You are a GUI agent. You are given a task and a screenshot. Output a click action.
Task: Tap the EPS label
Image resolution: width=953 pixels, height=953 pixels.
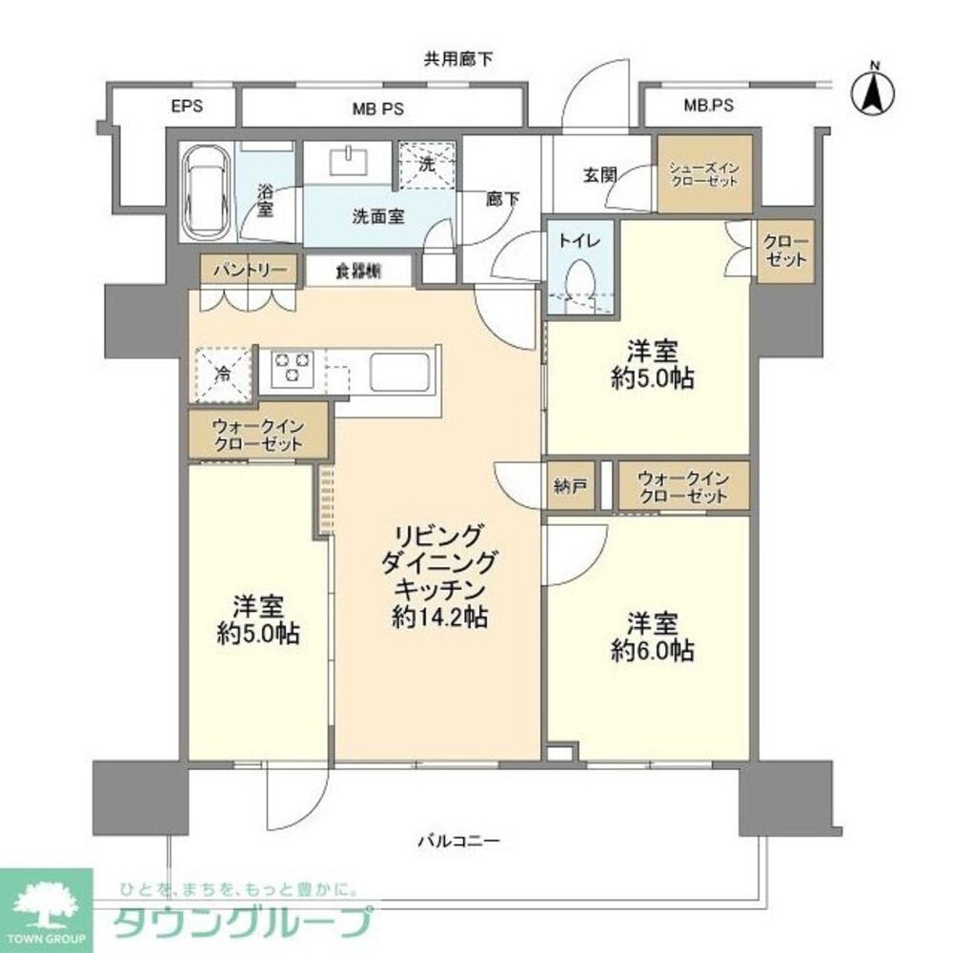point(187,107)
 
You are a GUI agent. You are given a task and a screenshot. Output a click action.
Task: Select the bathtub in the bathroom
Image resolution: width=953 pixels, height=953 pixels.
point(206,193)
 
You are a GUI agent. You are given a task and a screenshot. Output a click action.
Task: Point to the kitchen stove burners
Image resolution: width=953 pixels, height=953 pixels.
point(292,368)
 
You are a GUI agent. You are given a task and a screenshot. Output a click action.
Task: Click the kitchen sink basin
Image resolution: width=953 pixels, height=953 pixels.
point(401,368)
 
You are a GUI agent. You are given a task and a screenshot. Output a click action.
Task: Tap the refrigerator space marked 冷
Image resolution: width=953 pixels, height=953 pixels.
point(223,371)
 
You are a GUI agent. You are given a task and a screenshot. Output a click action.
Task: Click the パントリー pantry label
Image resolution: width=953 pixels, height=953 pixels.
point(249,270)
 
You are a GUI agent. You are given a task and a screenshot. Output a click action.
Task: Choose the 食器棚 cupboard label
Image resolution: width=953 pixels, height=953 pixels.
point(358,271)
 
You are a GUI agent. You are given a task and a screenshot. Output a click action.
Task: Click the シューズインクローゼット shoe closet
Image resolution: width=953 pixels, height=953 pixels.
point(704,174)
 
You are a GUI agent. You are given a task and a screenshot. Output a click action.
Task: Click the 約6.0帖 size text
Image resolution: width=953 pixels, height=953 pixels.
point(652,651)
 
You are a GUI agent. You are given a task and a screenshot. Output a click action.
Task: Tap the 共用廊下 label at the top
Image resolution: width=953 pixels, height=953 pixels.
point(458,60)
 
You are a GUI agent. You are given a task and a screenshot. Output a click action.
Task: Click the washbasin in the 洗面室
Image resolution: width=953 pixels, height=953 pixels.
point(354,160)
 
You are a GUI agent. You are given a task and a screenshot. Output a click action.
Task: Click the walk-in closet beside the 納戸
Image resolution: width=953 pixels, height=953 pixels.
point(683,486)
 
